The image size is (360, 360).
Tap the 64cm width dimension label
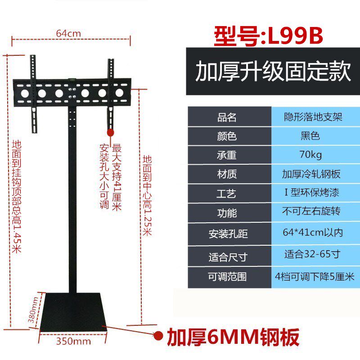(x=68, y=33)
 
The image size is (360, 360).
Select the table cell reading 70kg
(x=310, y=155)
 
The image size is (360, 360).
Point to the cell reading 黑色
(x=310, y=136)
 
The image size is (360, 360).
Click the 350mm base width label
(x=73, y=341)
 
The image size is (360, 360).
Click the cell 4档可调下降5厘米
(x=315, y=276)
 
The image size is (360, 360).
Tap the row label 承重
(x=227, y=156)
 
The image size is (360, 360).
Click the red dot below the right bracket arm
(x=110, y=132)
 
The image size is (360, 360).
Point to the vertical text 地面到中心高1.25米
(x=147, y=195)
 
